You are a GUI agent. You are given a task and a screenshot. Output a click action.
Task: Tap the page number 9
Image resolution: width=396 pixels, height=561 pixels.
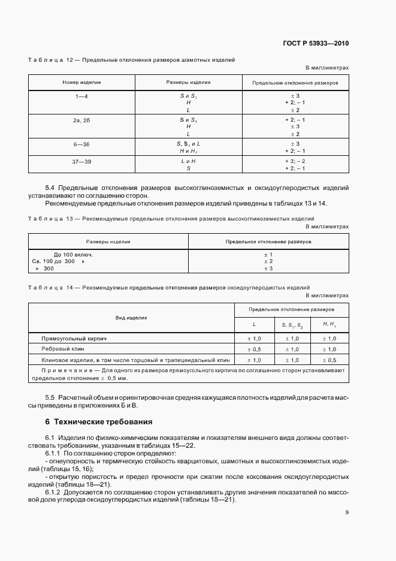347,512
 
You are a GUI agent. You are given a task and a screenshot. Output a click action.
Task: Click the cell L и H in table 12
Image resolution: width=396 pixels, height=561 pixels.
189,161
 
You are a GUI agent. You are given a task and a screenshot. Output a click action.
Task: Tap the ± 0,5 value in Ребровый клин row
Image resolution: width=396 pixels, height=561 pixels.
254,349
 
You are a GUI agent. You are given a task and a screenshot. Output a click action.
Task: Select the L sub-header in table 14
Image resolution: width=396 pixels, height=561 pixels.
254,325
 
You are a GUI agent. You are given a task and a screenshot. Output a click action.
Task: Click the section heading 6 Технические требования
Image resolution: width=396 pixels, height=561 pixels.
95,421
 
